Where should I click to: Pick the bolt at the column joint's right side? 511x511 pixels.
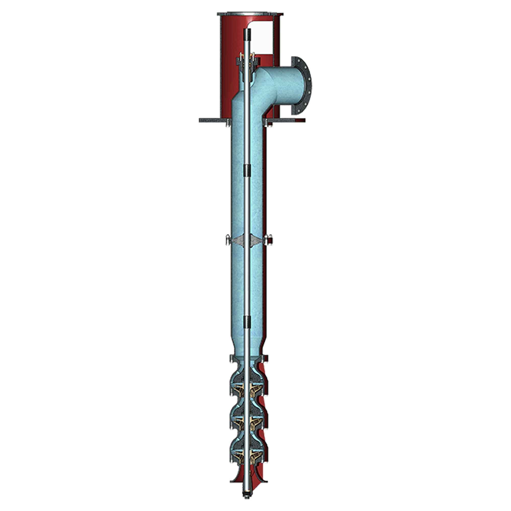point(269,240)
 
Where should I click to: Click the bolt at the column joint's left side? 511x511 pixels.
point(227,240)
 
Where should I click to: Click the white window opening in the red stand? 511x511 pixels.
point(262,40)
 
